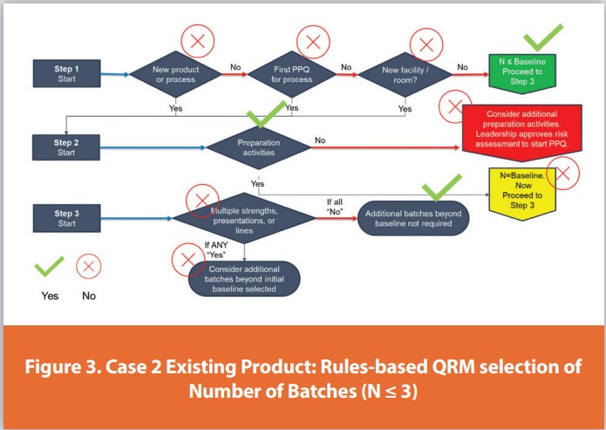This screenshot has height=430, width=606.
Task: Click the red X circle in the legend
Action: tap(88, 265)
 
